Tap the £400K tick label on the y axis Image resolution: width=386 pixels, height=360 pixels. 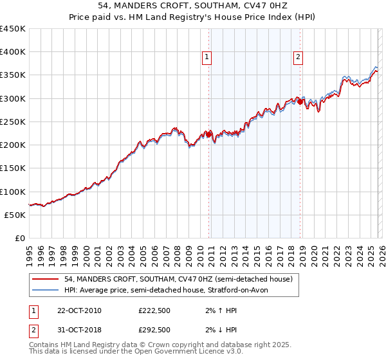coord(13,52)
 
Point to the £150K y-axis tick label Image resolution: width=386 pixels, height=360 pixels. coord(13,168)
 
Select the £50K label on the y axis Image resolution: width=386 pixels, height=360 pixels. coord(15,215)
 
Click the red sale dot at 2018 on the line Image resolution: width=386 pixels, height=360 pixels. coord(300,102)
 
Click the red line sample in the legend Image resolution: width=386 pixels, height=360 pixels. coord(46,280)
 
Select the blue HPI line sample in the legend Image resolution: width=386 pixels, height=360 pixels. coord(46,291)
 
